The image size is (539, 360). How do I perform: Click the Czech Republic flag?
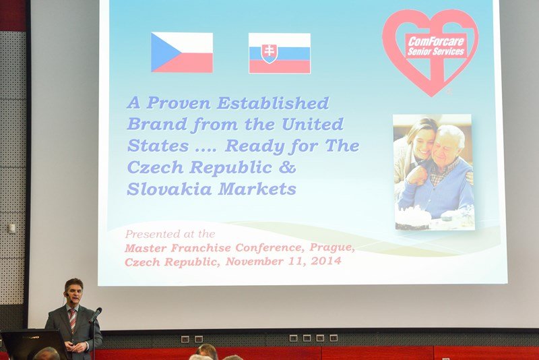tap(182, 53)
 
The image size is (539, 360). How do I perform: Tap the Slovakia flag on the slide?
tap(280, 53)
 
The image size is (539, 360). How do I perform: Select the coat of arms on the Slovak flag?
tap(269, 53)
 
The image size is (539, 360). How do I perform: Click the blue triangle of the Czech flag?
tap(164, 53)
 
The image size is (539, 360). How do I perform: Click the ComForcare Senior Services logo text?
tap(436, 46)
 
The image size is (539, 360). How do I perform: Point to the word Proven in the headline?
tap(179, 102)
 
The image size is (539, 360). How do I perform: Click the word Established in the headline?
tap(273, 103)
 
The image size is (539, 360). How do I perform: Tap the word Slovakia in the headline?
tap(169, 189)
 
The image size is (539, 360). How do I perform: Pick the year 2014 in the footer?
tap(326, 261)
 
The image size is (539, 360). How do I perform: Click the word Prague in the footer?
tap(331, 247)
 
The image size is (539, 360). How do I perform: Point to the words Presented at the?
tap(170, 234)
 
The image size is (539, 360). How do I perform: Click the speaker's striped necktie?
tap(73, 320)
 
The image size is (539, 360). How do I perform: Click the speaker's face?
tap(74, 293)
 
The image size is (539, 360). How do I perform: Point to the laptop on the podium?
tap(32, 344)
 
